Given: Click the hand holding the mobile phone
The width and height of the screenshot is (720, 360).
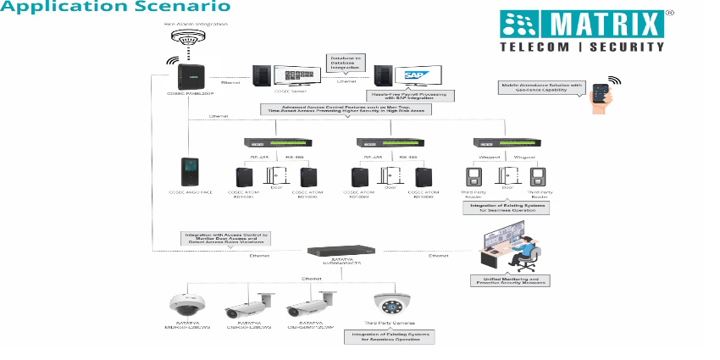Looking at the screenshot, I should pos(602,95).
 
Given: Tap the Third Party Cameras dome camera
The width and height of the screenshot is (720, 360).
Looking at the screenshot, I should pos(391,304).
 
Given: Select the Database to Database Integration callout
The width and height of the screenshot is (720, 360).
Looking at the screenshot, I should pos(346,61).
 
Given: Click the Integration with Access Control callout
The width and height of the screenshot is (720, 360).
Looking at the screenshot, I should pos(224,238).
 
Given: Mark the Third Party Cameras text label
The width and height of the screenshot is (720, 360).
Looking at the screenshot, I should pos(391,324).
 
